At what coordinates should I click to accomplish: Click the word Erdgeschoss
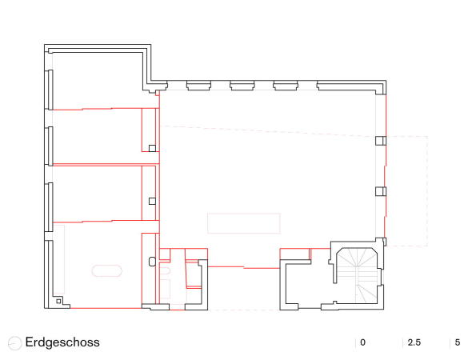tap(62, 342)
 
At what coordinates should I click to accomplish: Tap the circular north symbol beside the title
tap(14, 343)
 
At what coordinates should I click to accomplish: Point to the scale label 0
tap(362, 343)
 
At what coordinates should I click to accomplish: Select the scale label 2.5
tap(414, 343)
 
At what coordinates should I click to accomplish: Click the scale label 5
tap(458, 343)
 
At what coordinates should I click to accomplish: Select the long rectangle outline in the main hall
tap(244, 222)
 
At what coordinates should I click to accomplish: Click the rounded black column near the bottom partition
tap(152, 260)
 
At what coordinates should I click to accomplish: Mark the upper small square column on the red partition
tap(152, 147)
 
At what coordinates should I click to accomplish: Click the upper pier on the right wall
tap(381, 141)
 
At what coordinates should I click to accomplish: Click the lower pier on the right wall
tap(381, 191)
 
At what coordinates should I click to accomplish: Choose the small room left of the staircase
tap(302, 280)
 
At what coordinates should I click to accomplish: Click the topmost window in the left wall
tap(50, 88)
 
